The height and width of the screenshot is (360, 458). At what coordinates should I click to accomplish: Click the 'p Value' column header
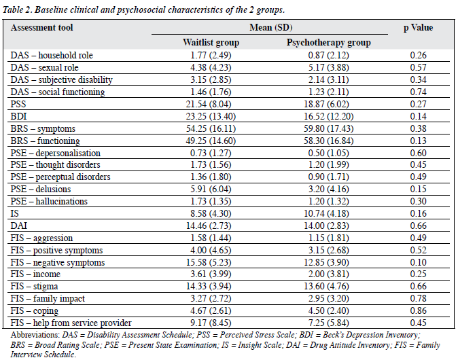point(418,28)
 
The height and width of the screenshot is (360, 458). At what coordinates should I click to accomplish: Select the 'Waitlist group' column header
point(211,43)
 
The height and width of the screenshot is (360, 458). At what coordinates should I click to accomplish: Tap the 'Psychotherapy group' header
point(328,43)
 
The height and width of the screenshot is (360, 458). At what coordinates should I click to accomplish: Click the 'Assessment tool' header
point(41,28)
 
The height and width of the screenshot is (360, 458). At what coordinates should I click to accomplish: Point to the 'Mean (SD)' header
point(270,27)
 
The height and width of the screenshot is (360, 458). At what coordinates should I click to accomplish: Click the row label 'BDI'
point(19,117)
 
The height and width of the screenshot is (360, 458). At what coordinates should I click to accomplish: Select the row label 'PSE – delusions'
point(41,190)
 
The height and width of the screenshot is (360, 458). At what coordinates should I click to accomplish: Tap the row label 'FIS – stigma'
point(34,287)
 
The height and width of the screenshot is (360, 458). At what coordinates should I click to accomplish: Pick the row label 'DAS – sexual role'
point(44,68)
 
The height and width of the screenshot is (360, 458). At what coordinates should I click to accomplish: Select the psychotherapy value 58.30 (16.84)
point(328,141)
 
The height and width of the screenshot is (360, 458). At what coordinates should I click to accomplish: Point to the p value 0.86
point(418,310)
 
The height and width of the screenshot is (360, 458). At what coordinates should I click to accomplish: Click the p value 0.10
point(418,262)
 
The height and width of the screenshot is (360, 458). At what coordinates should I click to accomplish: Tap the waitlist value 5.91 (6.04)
point(211,190)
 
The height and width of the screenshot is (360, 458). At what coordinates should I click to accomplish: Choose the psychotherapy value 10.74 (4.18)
point(326,214)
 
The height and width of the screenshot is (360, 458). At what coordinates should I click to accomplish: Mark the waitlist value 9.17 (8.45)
point(211,323)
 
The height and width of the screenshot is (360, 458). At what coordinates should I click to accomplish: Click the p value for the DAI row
point(418,226)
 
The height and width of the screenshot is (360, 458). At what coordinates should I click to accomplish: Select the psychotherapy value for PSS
point(326,104)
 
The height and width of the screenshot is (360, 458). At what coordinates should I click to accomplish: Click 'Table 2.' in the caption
point(17,10)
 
